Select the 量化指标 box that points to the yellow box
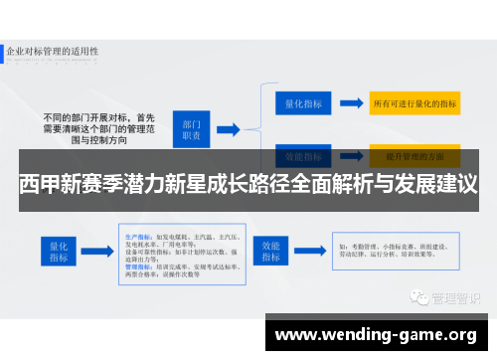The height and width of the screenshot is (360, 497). point(301,102)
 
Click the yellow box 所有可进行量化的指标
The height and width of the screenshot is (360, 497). point(414,103)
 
